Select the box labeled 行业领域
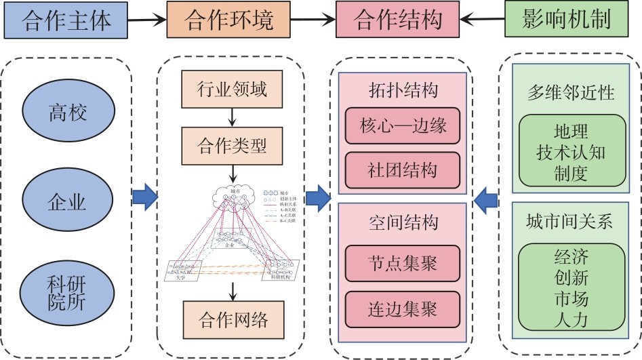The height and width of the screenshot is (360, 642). (233, 88)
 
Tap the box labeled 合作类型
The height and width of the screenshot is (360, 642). (233, 145)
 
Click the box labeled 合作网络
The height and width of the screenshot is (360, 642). (233, 317)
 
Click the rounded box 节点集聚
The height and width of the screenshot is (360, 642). (403, 264)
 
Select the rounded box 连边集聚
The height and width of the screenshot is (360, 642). (403, 309)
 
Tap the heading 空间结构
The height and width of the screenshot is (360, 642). (403, 222)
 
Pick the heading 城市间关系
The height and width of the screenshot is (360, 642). (570, 222)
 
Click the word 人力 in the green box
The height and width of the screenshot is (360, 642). (570, 320)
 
